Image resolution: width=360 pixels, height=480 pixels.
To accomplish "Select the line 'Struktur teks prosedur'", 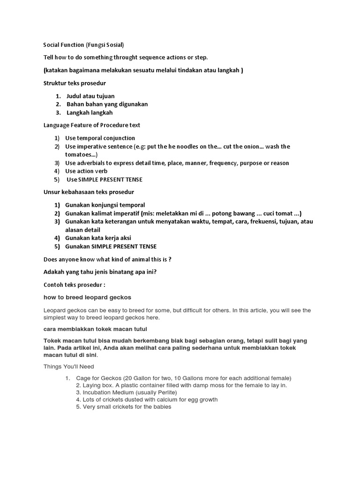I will tap(75, 83).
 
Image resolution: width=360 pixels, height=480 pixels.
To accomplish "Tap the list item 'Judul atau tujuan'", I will tap(90, 96).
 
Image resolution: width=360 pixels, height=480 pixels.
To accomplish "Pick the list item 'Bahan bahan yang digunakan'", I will tap(107, 104).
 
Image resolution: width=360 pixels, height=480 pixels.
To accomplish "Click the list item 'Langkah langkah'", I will tap(90, 112).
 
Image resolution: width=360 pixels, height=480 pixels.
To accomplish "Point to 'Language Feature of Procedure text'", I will tap(92, 125).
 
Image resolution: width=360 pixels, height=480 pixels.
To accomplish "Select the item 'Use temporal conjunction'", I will tap(100, 138).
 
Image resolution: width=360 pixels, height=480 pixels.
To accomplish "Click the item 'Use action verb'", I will tap(86, 171).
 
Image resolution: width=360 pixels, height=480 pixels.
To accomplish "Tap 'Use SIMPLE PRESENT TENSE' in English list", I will tap(105, 180).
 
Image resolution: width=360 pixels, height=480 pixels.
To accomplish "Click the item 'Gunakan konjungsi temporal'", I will tap(105, 205).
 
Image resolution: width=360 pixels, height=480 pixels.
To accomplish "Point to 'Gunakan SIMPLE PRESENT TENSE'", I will tap(111, 247).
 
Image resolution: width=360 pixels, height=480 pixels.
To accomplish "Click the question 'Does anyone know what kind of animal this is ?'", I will tap(111, 259).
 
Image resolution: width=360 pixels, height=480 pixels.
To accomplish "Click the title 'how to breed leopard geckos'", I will tap(87, 297).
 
